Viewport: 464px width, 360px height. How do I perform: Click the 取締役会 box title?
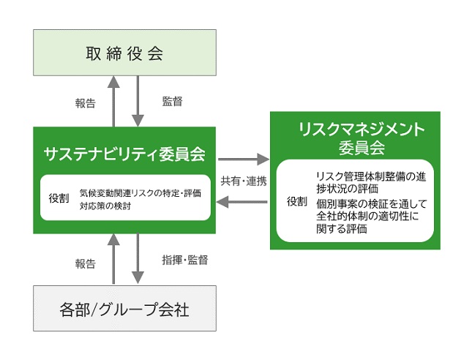click(x=124, y=53)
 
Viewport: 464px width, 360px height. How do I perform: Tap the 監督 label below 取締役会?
click(x=173, y=101)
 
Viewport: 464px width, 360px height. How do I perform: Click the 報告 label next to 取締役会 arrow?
click(x=85, y=103)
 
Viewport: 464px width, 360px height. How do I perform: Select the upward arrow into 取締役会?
click(x=113, y=101)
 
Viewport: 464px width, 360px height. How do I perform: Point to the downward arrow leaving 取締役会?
click(x=138, y=101)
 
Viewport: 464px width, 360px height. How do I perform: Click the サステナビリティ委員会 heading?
click(x=124, y=154)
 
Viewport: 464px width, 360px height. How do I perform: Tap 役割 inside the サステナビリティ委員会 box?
click(x=59, y=198)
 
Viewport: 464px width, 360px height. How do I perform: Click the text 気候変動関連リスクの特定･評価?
click(x=141, y=193)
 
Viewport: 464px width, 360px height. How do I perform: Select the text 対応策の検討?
click(x=105, y=206)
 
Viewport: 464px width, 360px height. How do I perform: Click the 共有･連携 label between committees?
click(x=244, y=181)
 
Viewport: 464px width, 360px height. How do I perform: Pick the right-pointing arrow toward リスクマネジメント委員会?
click(x=244, y=160)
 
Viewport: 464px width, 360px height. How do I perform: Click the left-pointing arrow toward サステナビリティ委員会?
click(x=242, y=203)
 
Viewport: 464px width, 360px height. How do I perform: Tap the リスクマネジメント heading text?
click(x=362, y=130)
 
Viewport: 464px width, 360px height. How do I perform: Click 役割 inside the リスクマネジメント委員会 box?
click(x=297, y=201)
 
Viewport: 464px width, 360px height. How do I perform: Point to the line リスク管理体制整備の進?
click(x=371, y=176)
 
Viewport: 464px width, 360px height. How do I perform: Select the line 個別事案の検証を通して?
click(x=372, y=204)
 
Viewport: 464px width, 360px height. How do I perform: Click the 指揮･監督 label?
click(x=185, y=260)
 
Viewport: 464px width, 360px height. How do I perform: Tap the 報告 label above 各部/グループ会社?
click(x=85, y=263)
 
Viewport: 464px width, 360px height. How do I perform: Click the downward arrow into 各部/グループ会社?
click(x=138, y=258)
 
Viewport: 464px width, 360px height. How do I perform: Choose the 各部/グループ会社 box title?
click(x=124, y=310)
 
